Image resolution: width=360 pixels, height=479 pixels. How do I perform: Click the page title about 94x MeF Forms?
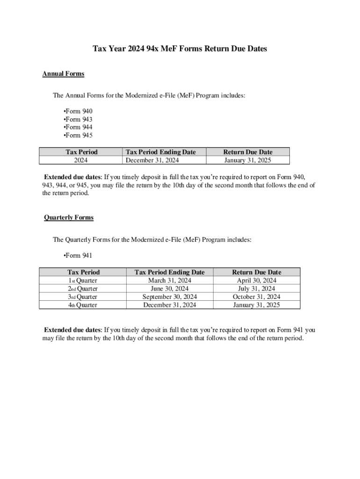click(x=180, y=49)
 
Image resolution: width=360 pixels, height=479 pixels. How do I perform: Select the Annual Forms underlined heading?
click(x=63, y=74)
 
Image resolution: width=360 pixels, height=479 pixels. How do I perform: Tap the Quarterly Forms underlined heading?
click(x=69, y=218)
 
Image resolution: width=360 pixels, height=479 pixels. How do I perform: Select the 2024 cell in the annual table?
click(x=81, y=160)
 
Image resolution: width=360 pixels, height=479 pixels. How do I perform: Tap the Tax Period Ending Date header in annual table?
click(x=160, y=152)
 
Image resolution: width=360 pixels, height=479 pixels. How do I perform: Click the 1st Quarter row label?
click(x=83, y=281)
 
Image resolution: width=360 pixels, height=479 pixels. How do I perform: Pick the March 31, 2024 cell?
click(x=169, y=281)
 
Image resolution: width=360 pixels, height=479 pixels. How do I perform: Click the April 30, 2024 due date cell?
click(x=257, y=281)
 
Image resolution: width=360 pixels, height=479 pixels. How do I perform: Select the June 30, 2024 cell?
click(x=169, y=289)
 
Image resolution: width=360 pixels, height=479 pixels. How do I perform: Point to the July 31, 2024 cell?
click(x=257, y=289)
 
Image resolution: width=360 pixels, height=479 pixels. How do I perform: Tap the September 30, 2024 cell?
click(x=169, y=297)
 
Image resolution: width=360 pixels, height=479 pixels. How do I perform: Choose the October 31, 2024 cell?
click(x=257, y=297)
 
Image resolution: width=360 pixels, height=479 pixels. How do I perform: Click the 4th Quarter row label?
click(x=83, y=305)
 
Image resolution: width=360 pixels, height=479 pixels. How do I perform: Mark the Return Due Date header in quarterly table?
click(x=257, y=272)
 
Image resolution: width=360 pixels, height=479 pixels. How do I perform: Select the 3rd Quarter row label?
click(x=83, y=297)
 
